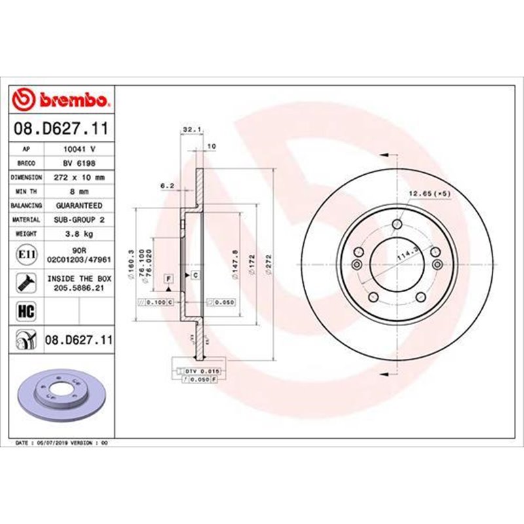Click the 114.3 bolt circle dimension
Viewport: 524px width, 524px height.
point(407,253)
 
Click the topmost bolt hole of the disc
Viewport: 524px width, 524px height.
point(396,226)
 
